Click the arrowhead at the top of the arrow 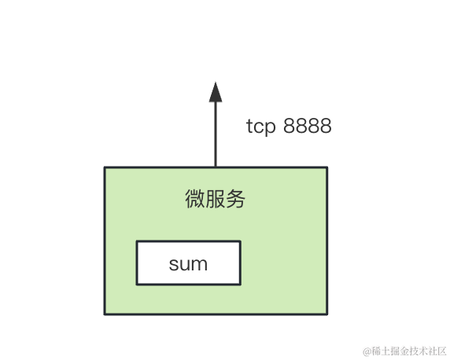216,93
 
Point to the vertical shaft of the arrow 216,134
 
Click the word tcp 261,127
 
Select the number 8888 308,125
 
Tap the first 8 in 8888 290,125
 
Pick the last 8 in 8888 326,125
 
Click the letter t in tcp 249,126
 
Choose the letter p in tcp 270,128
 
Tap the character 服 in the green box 215,199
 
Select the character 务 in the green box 235,199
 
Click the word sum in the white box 188,264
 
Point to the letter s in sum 173,264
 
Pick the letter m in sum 199,264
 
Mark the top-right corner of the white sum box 240,241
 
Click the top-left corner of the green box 105,167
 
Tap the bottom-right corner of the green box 327,314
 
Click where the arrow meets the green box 216,167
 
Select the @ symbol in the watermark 367,351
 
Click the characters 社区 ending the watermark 437,351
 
